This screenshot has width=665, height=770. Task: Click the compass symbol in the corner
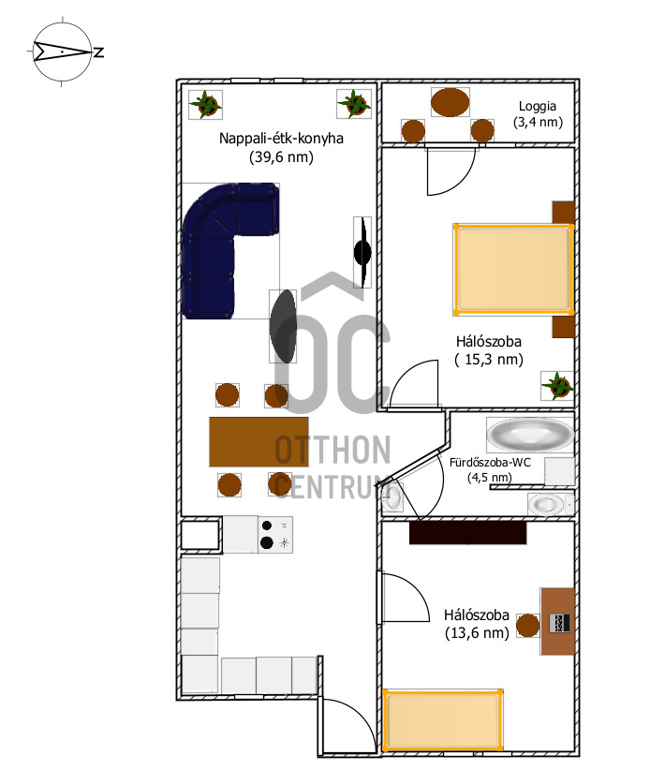(x=63, y=52)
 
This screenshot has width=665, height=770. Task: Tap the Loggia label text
(x=538, y=106)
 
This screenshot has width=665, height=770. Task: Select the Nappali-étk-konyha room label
(x=281, y=139)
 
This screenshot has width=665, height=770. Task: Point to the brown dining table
(x=259, y=442)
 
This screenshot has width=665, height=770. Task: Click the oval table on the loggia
(x=450, y=102)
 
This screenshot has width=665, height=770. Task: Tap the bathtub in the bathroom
(x=530, y=435)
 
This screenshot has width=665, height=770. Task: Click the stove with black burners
(x=275, y=535)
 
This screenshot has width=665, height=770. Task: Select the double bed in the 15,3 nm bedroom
(x=513, y=269)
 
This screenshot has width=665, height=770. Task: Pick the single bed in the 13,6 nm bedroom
(x=443, y=720)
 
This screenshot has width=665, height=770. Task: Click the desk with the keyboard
(x=557, y=621)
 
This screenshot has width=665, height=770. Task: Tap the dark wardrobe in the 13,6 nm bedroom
(x=468, y=533)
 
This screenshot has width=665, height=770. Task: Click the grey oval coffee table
(x=283, y=326)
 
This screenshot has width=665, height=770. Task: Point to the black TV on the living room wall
(x=362, y=252)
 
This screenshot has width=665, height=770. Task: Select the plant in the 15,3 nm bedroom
(x=557, y=386)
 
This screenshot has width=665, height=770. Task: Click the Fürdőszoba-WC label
(x=490, y=463)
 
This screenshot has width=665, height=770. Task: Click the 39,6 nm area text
(x=281, y=157)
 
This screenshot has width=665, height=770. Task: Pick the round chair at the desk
(x=528, y=626)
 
